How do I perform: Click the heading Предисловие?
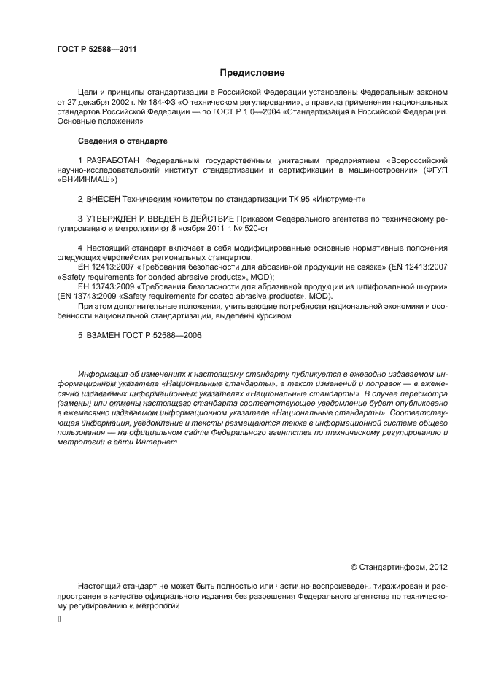coord(252,73)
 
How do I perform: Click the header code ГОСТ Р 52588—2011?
coord(96,50)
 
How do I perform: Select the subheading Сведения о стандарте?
coord(123,140)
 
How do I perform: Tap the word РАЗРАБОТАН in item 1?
coord(113,160)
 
